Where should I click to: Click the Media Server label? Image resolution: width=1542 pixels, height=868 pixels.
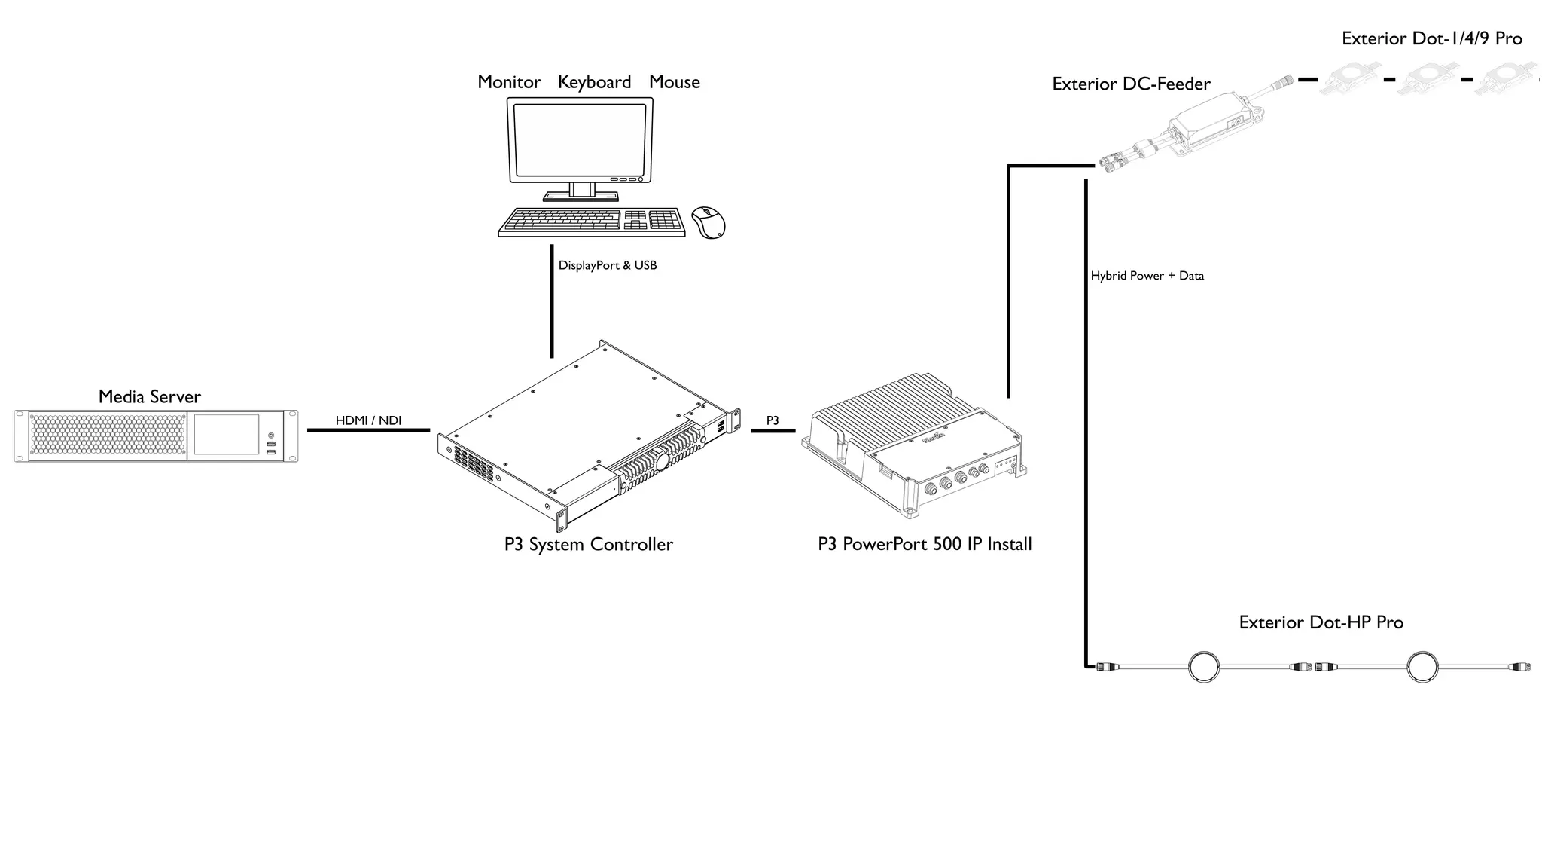pyautogui.click(x=149, y=396)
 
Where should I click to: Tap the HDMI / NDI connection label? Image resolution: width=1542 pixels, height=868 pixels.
pyautogui.click(x=368, y=420)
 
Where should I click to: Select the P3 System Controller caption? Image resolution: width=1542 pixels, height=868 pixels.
pyautogui.click(x=588, y=544)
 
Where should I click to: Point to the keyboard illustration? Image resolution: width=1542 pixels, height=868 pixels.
pyautogui.click(x=591, y=222)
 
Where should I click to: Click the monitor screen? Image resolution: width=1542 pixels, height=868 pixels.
pyautogui.click(x=579, y=139)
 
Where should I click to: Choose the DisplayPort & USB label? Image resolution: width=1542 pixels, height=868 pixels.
pyautogui.click(x=607, y=265)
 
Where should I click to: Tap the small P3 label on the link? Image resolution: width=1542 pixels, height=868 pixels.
pyautogui.click(x=773, y=420)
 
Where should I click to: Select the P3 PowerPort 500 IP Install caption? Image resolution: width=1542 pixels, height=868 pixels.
pyautogui.click(x=925, y=544)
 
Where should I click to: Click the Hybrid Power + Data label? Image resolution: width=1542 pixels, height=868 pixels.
pyautogui.click(x=1147, y=276)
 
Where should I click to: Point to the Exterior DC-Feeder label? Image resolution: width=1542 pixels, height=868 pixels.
pyautogui.click(x=1131, y=84)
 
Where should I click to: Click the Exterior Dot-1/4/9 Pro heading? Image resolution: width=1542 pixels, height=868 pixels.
pyautogui.click(x=1431, y=38)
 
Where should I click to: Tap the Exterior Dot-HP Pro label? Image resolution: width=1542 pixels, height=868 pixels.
pyautogui.click(x=1321, y=622)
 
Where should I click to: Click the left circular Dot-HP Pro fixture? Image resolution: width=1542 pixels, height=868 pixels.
pyautogui.click(x=1203, y=667)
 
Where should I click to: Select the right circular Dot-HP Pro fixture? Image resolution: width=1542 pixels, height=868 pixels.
pyautogui.click(x=1422, y=667)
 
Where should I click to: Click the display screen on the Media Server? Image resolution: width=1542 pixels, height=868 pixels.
pyautogui.click(x=226, y=435)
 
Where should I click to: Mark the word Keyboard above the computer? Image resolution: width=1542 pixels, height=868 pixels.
pyautogui.click(x=594, y=82)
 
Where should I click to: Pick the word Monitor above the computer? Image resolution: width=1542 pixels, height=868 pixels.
pyautogui.click(x=509, y=82)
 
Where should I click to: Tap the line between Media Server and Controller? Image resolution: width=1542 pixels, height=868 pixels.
pyautogui.click(x=368, y=431)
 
